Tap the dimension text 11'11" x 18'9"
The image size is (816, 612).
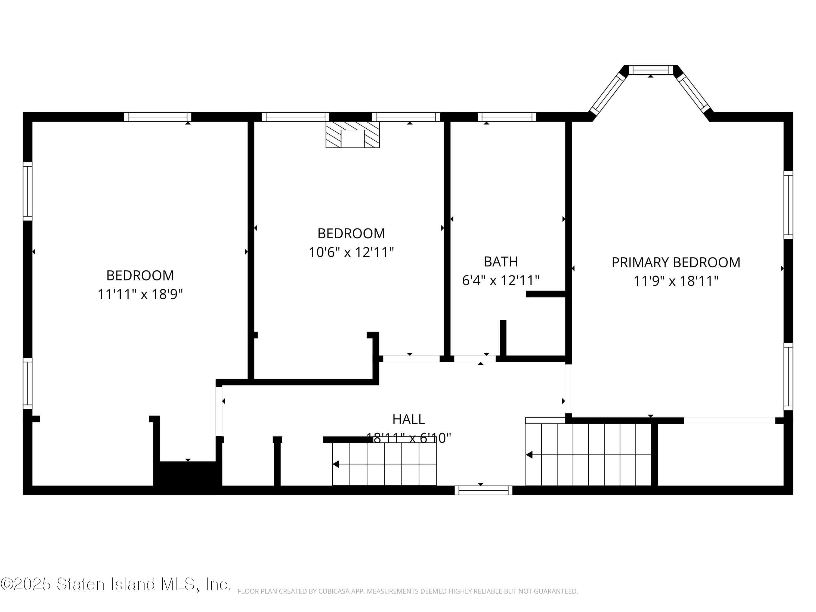pos(140,294)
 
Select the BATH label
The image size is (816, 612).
pos(500,262)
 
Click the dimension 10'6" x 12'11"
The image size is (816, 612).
pos(351,252)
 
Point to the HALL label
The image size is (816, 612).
pos(408,419)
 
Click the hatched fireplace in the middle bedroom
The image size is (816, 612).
pos(352,135)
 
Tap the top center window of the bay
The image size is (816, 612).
pos(651,70)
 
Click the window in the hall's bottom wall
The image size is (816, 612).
pos(483,490)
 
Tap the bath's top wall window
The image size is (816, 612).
pos(506,117)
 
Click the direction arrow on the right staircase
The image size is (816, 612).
pos(529,455)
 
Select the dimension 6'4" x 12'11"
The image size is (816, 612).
pos(500,280)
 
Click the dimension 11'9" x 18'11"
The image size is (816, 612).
pos(676,281)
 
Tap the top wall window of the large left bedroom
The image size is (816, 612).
pos(157,117)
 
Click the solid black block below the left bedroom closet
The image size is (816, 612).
pos(188,477)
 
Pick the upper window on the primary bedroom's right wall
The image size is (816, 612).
pos(788,205)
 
